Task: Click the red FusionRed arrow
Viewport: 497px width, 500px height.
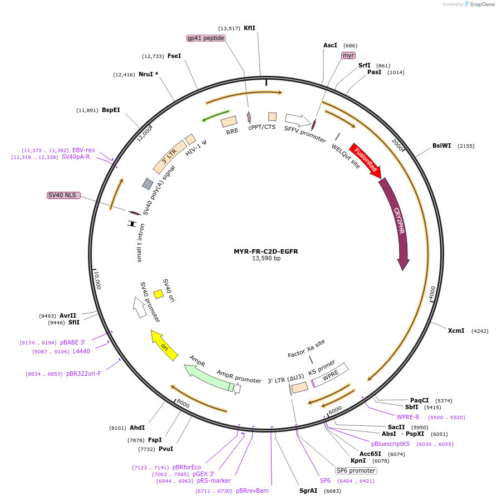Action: pyautogui.click(x=365, y=161)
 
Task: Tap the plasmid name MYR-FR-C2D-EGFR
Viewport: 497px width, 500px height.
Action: pyautogui.click(x=265, y=251)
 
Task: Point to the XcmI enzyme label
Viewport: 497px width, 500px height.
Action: pyautogui.click(x=456, y=331)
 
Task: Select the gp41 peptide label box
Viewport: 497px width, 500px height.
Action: pyautogui.click(x=206, y=38)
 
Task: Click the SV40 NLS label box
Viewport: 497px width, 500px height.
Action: pyautogui.click(x=63, y=195)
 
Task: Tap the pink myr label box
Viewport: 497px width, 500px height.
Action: pyautogui.click(x=348, y=55)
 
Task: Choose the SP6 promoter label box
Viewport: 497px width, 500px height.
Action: pyautogui.click(x=356, y=470)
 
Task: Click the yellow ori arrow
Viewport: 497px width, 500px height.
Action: pyautogui.click(x=164, y=345)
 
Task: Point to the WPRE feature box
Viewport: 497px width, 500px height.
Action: pyautogui.click(x=330, y=375)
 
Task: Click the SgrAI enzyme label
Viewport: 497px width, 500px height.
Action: pyautogui.click(x=308, y=491)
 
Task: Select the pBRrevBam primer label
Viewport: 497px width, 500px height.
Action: pyautogui.click(x=252, y=491)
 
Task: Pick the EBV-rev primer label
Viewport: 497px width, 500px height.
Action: pyautogui.click(x=83, y=150)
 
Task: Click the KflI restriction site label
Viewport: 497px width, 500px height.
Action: pyautogui.click(x=249, y=28)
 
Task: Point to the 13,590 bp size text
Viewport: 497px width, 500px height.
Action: pyautogui.click(x=266, y=259)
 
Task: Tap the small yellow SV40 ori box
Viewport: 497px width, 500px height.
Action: pyautogui.click(x=159, y=294)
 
